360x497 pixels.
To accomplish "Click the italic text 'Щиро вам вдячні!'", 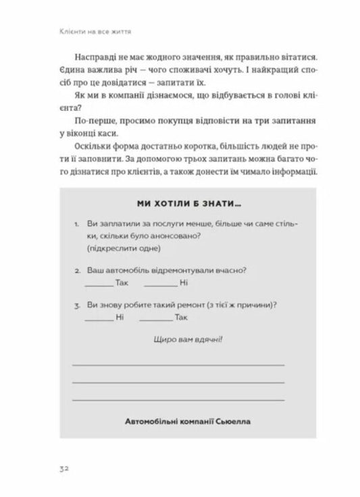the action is coord(179,340).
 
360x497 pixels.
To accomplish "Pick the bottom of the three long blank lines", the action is coord(178,400).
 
